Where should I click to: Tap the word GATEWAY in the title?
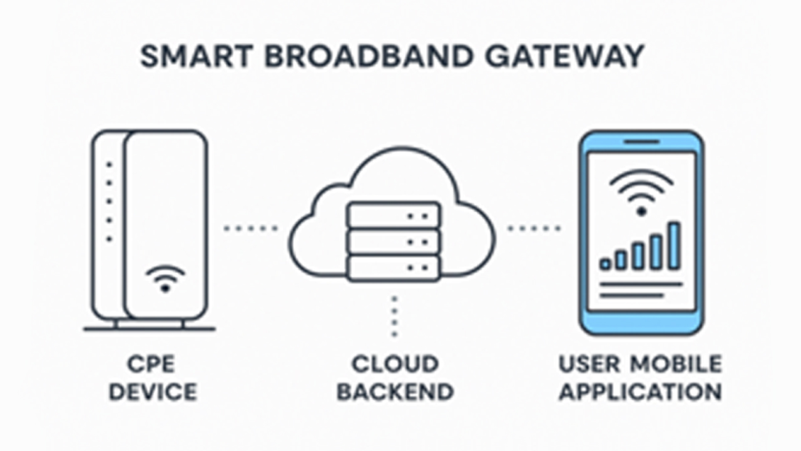pyautogui.click(x=565, y=56)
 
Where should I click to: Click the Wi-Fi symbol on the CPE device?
pyautogui.click(x=165, y=278)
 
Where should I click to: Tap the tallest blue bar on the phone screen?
pyautogui.click(x=674, y=246)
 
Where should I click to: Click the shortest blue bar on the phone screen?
pyautogui.click(x=605, y=265)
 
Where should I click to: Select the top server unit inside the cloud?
pyautogui.click(x=394, y=216)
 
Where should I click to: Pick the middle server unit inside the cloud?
pyautogui.click(x=394, y=241)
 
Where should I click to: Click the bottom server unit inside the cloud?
pyautogui.click(x=394, y=268)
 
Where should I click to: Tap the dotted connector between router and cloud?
pyautogui.click(x=251, y=229)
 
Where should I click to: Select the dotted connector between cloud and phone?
pyautogui.click(x=534, y=229)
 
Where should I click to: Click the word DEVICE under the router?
pyautogui.click(x=152, y=392)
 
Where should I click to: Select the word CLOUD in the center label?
pyautogui.click(x=395, y=364)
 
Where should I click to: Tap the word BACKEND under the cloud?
pyautogui.click(x=395, y=392)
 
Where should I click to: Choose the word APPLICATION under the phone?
pyautogui.click(x=640, y=392)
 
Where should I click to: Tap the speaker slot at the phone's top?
pyautogui.click(x=641, y=142)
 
